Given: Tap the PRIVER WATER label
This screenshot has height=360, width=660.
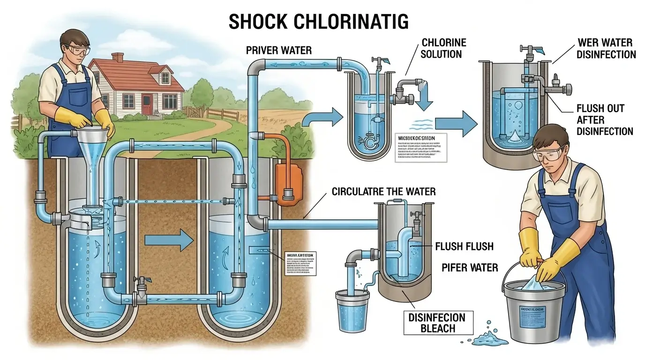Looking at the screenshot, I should click(278, 50).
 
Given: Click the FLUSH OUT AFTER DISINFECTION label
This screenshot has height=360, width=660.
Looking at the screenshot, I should click(604, 120).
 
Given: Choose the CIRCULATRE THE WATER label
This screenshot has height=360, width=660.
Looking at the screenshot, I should click(383, 191).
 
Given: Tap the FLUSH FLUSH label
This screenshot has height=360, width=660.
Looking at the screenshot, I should click(465, 246).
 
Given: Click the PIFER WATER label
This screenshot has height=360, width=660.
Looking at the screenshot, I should click(470, 268).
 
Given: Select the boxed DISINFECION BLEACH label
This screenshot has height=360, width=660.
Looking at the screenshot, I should click(437, 322).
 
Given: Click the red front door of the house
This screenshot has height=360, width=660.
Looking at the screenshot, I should click(147, 103).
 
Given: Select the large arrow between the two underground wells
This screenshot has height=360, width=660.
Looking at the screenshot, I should click(169, 241).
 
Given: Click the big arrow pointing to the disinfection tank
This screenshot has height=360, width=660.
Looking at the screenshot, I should click(456, 124).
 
